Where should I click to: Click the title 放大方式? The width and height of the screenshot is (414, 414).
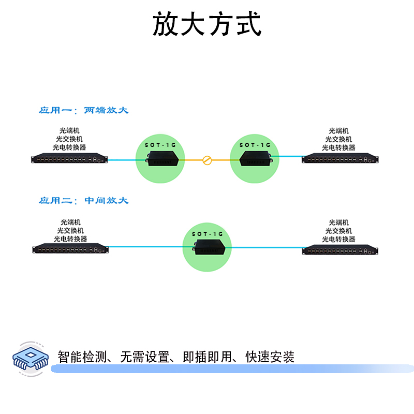207,24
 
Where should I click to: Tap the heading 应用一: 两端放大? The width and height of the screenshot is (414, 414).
83,110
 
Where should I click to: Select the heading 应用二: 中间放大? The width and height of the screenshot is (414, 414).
83,200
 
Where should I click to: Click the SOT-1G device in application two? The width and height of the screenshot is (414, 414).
207,248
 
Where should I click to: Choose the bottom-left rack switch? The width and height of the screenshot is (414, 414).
71,249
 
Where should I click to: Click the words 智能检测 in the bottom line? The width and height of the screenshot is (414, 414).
83,357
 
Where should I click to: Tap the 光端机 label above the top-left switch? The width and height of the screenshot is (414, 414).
69,131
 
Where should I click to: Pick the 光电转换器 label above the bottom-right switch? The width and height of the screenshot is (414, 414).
338,239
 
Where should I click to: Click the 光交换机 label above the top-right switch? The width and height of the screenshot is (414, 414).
338,139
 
